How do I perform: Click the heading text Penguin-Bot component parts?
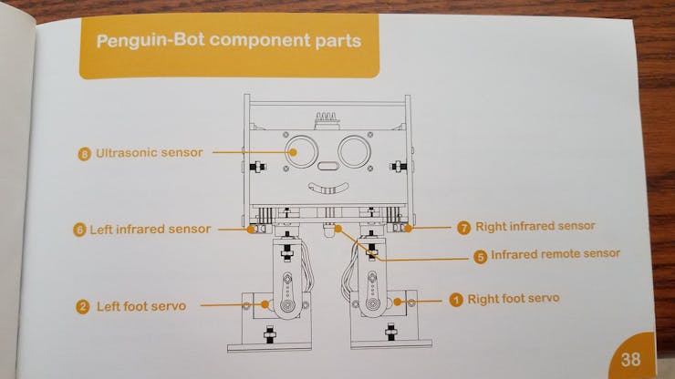click(228, 42)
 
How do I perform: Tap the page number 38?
click(630, 359)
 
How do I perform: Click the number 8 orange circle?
click(85, 154)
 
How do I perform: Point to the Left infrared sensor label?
click(151, 230)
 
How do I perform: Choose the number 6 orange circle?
click(78, 230)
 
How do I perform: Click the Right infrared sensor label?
click(535, 226)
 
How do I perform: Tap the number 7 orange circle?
click(463, 227)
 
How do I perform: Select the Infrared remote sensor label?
click(556, 254)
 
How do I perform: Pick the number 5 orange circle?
click(481, 256)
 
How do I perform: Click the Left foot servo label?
click(141, 306)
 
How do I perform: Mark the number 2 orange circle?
click(82, 307)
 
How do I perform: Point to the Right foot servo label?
click(514, 299)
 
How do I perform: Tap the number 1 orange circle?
click(456, 300)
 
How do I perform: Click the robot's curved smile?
click(327, 189)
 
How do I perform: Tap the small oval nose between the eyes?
click(327, 168)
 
